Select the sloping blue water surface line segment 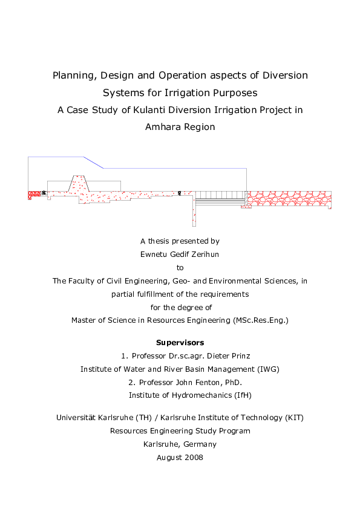(94, 163)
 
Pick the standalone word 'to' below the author (180, 267)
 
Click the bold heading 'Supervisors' (180, 343)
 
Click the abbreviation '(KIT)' (293, 418)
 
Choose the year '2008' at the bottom (192, 458)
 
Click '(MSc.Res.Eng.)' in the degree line (260, 320)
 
